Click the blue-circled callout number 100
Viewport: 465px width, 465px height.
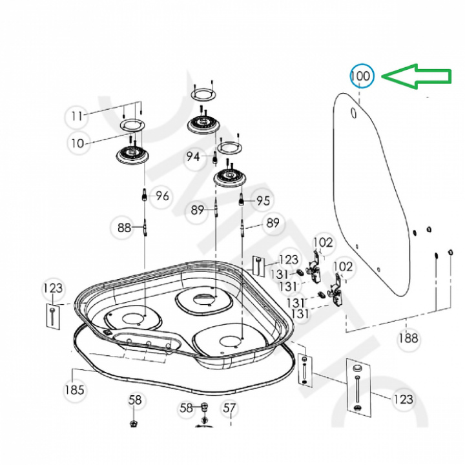(x=361, y=76)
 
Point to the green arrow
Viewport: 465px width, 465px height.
(x=415, y=76)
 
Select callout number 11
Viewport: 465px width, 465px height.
(x=77, y=116)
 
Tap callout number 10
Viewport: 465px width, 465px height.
(x=77, y=143)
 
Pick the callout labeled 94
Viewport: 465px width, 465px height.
(x=193, y=156)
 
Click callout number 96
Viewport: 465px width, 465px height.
(x=161, y=196)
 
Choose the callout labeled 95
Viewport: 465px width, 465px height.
(x=262, y=201)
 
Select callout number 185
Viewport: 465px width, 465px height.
(x=74, y=390)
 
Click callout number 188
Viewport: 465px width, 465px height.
(x=408, y=338)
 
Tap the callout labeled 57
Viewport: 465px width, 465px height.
(x=229, y=408)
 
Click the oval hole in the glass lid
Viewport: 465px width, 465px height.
(x=353, y=114)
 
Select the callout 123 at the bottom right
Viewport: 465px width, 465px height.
(x=403, y=400)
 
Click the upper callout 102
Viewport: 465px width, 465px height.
(x=323, y=243)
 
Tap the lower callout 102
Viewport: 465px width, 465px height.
(x=343, y=266)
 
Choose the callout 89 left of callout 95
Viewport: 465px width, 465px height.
(x=198, y=209)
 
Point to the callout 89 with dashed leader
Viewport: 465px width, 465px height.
(x=273, y=223)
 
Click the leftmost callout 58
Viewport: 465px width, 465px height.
(x=134, y=400)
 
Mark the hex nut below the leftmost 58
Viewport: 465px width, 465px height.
(x=133, y=423)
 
